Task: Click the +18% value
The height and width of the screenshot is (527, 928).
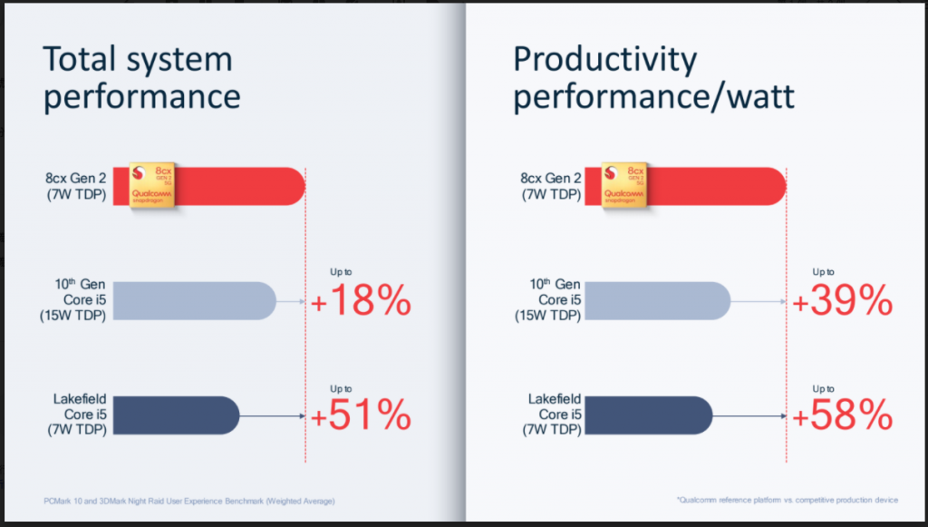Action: pos(361,302)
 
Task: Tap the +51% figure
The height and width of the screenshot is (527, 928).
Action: pos(361,415)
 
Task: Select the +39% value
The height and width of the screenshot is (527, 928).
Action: pos(843,302)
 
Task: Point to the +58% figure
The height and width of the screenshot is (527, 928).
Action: pos(843,415)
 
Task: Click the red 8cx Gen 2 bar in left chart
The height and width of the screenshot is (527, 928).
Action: pos(245,185)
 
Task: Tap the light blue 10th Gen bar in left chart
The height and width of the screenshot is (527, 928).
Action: pos(195,301)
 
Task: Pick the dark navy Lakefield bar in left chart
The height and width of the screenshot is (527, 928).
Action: pos(177,415)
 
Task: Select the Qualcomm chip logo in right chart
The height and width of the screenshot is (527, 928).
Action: pos(625,185)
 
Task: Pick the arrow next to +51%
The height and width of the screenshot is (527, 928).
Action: pos(272,416)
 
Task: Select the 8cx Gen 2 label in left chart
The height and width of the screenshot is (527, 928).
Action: pos(80,185)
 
